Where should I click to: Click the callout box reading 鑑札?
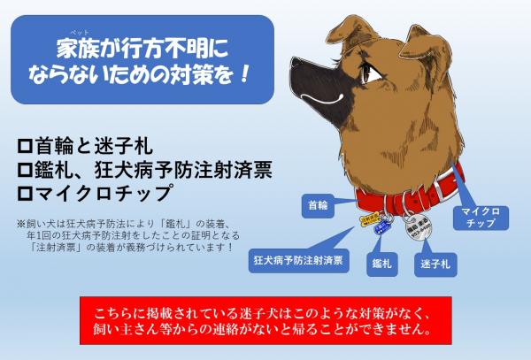381,264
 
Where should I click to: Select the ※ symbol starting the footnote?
22,223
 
